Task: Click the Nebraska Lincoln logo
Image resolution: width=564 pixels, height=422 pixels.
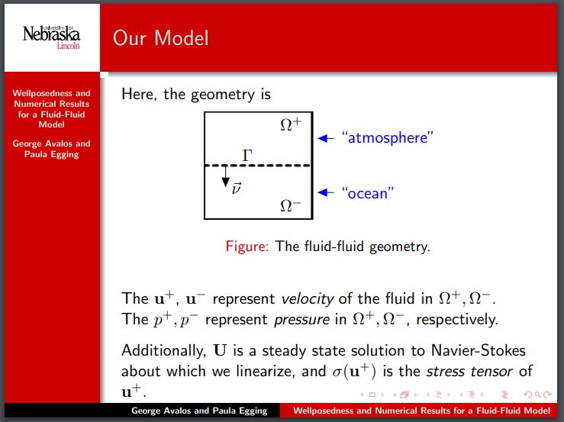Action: click(x=51, y=35)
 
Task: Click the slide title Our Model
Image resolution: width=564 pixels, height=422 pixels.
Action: click(x=160, y=37)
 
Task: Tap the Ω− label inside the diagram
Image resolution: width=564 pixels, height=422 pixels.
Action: click(x=291, y=205)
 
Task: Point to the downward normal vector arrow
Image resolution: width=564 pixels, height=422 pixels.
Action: click(x=225, y=180)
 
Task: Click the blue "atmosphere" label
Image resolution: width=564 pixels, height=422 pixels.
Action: click(x=388, y=138)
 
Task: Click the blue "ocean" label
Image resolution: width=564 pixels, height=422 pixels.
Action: click(x=367, y=193)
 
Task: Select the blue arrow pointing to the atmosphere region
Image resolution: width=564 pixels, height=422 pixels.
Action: click(x=326, y=138)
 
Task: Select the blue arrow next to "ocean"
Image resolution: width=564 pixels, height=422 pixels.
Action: click(x=326, y=193)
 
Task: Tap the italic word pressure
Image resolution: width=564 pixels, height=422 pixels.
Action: click(x=291, y=319)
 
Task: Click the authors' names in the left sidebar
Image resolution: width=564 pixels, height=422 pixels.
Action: click(x=51, y=149)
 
